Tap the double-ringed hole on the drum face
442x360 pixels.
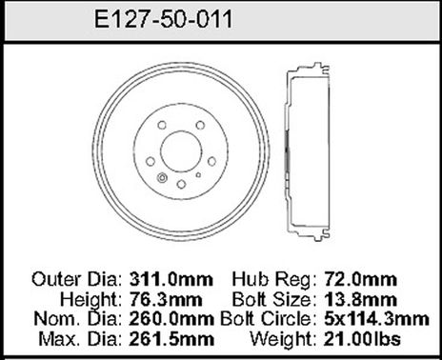coord(161,178)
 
